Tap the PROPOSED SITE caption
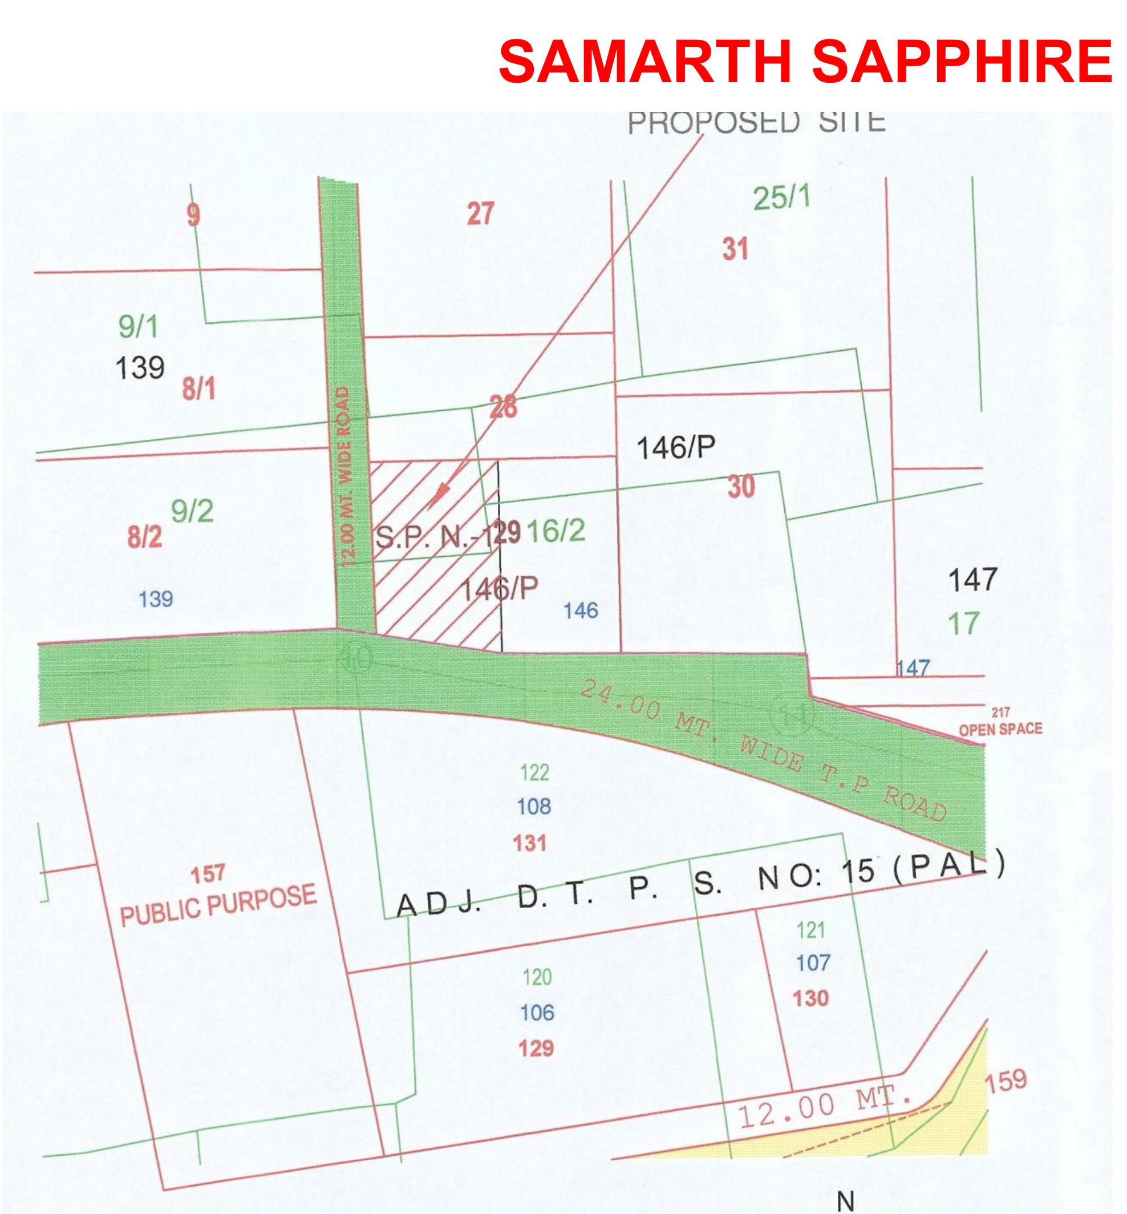coord(756,122)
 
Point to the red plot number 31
coord(735,249)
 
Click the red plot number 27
coord(481,214)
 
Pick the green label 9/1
coord(139,327)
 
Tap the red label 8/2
coord(145,537)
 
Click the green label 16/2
coord(556,531)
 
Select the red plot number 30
coord(741,487)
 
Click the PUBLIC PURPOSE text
coord(218,905)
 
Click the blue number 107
coord(813,963)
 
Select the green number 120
coord(537,977)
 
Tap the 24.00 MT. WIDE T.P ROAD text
coord(763,750)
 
